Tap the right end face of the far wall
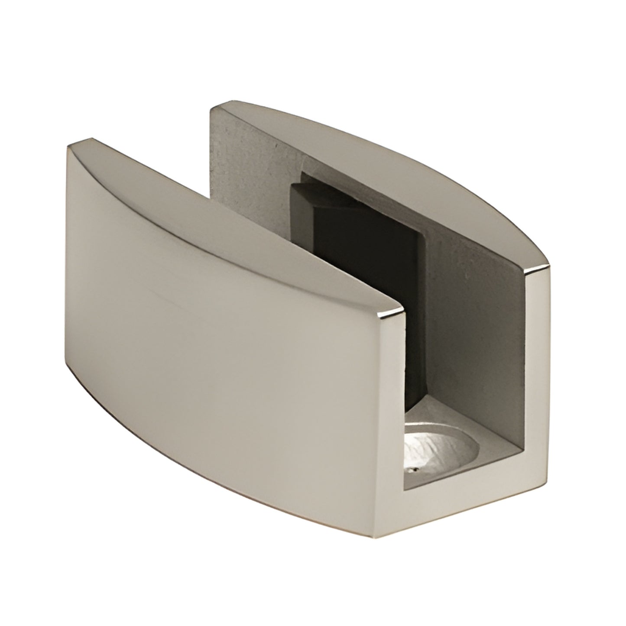coord(539,338)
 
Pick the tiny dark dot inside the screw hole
coord(415,469)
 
